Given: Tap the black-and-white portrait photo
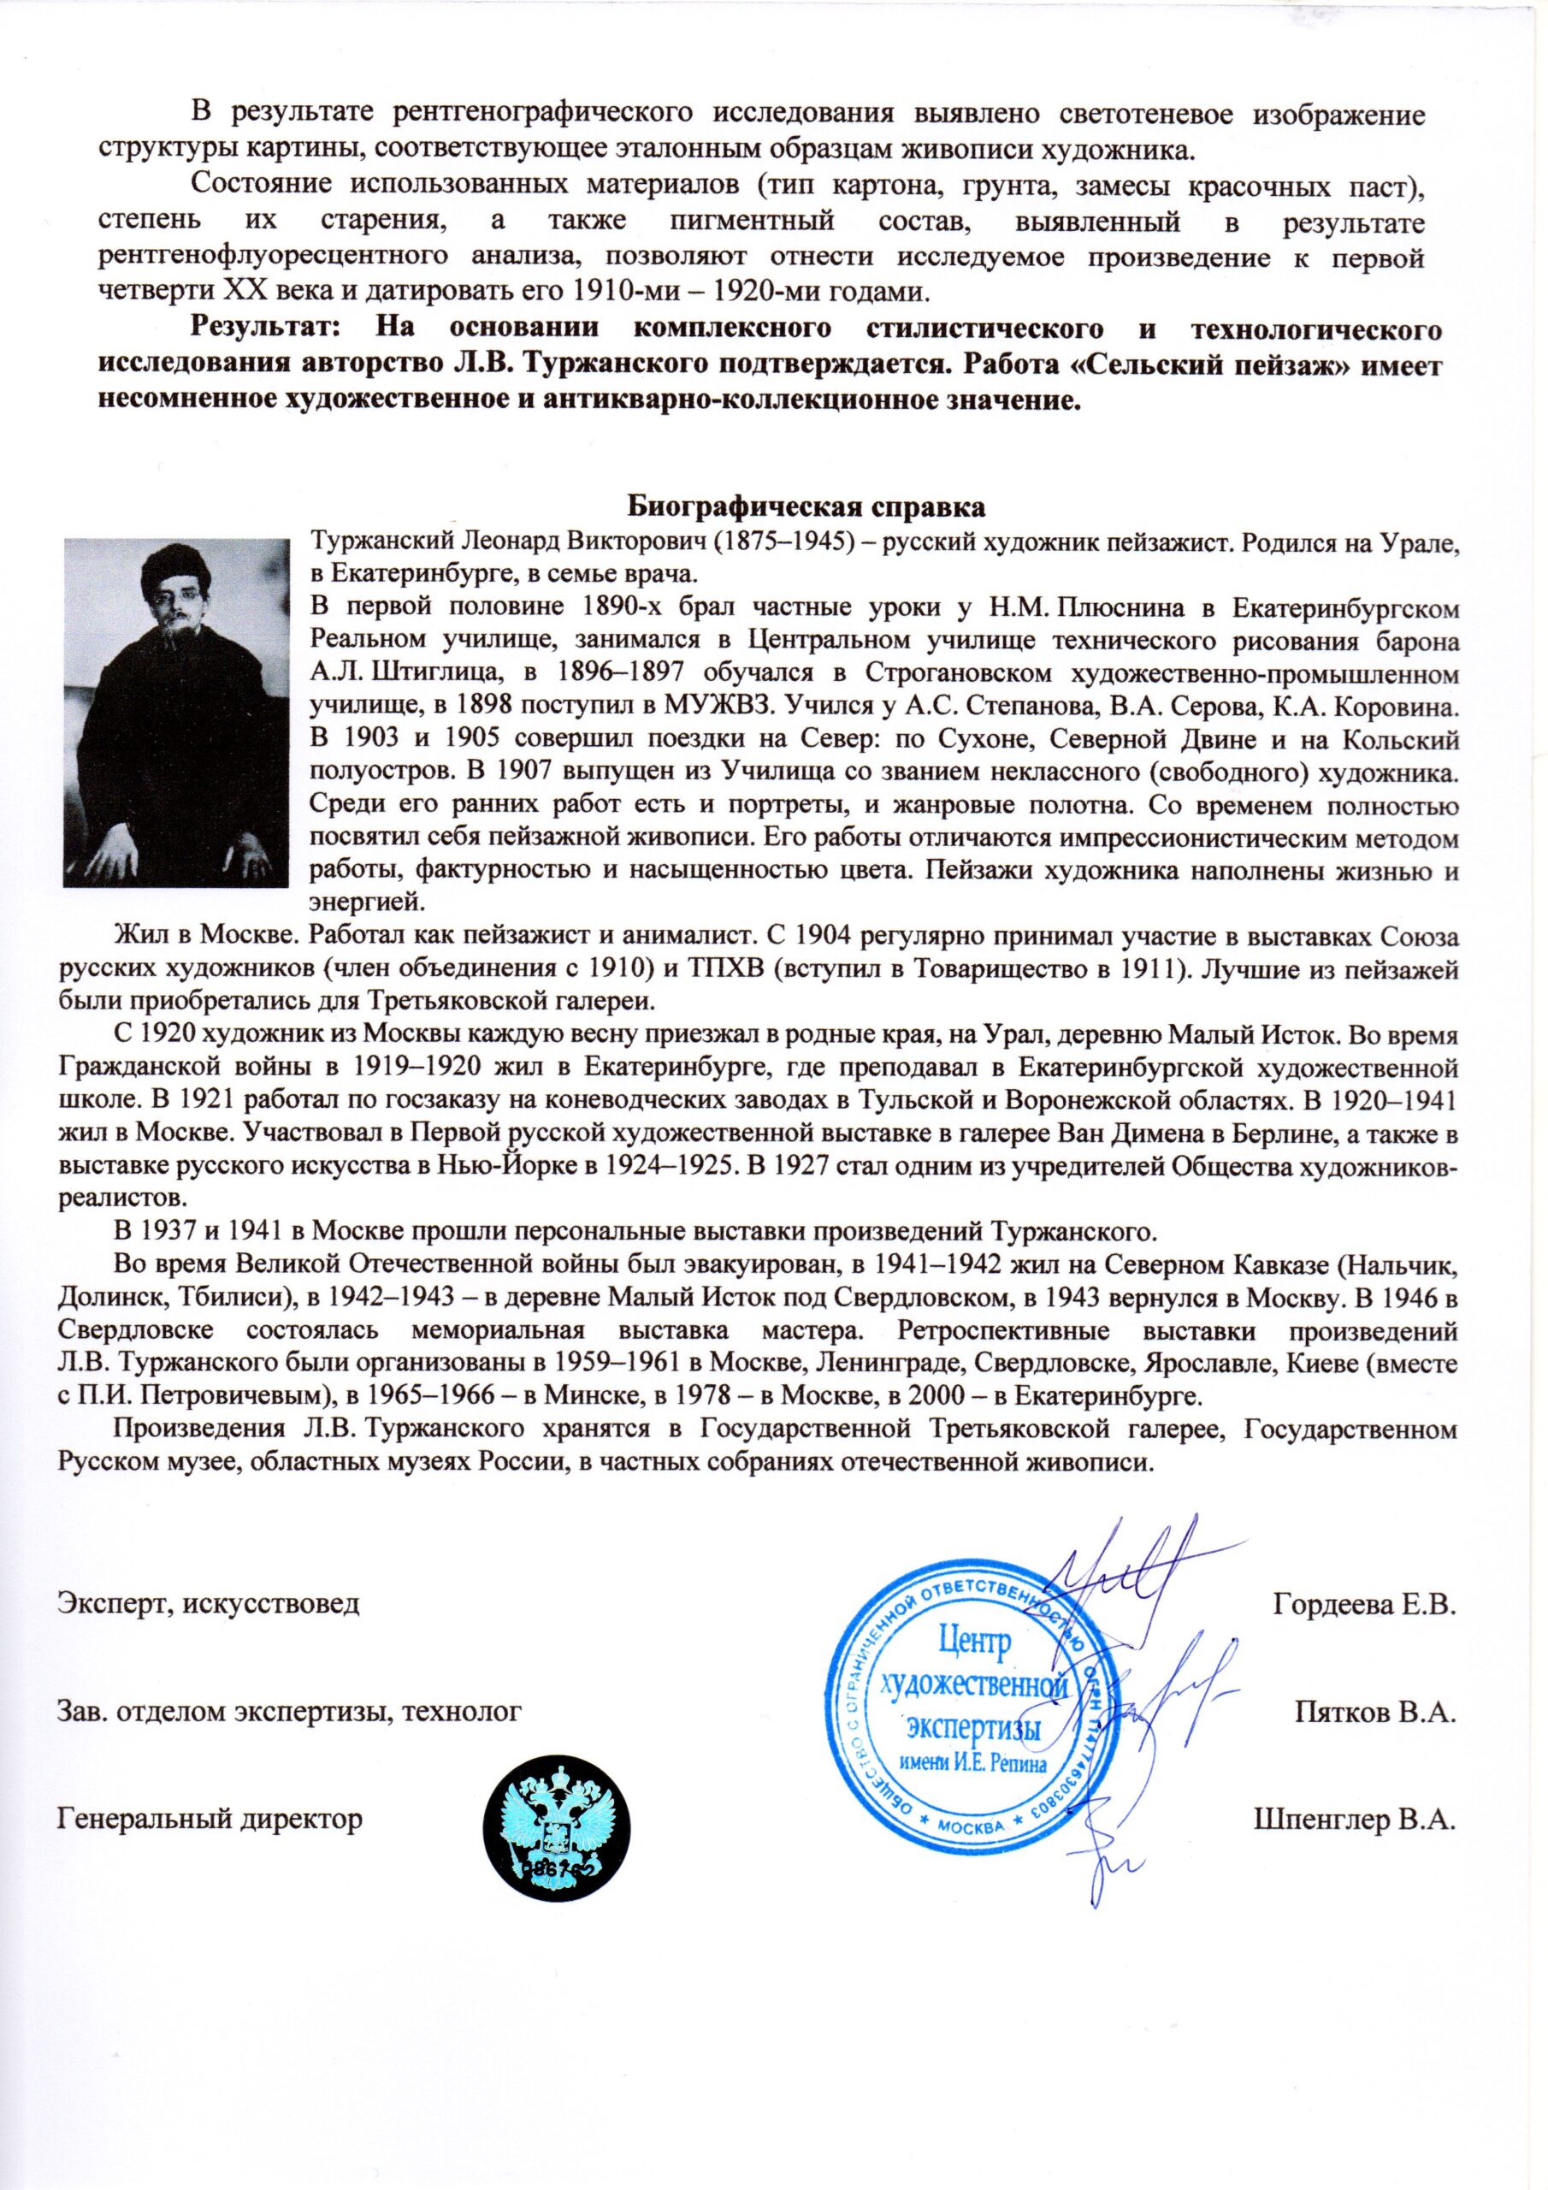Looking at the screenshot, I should tap(176, 714).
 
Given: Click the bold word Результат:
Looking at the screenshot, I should tap(266, 330).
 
